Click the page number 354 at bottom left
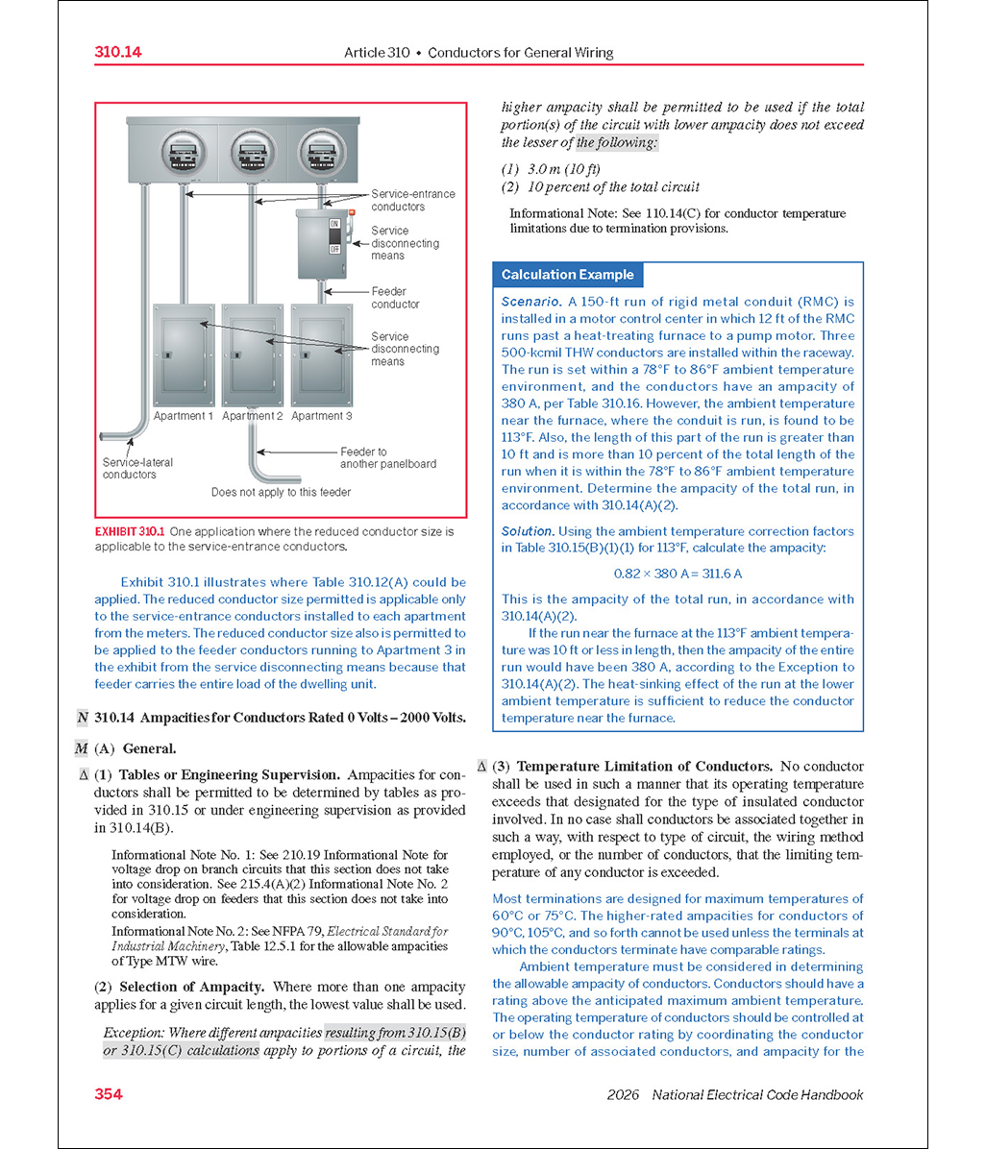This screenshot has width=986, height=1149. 109,1093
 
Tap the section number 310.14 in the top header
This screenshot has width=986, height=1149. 118,52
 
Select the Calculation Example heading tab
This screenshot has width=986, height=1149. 567,275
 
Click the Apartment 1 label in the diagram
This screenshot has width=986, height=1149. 184,416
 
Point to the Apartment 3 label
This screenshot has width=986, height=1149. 322,416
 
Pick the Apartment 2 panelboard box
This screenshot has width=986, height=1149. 252,354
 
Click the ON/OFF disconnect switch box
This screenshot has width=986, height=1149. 325,244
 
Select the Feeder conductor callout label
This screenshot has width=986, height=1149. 395,298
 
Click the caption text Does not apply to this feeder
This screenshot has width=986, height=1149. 282,492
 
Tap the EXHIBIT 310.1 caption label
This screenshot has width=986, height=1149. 130,531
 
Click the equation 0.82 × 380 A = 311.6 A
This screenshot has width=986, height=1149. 678,574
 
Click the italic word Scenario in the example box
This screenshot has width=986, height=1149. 530,302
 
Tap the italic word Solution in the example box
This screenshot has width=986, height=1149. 528,531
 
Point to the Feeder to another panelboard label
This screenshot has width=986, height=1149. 386,457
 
